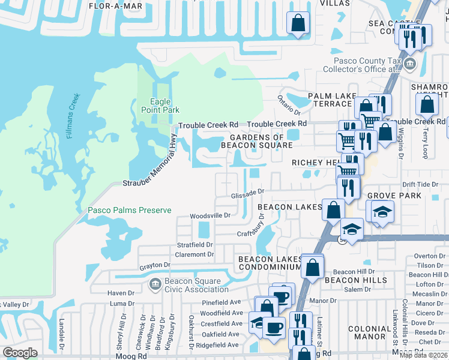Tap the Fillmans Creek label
coord(73,116)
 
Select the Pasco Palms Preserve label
coord(130,210)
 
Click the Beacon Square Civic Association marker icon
coord(155,283)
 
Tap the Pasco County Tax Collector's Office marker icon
coord(409,64)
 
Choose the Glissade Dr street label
coord(248,193)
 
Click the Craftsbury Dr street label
coord(253,229)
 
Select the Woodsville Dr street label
coord(210,215)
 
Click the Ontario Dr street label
coord(289,105)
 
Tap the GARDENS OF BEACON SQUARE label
coord(256,141)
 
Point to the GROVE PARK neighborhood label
coord(391,196)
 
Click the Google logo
coord(20,353)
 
